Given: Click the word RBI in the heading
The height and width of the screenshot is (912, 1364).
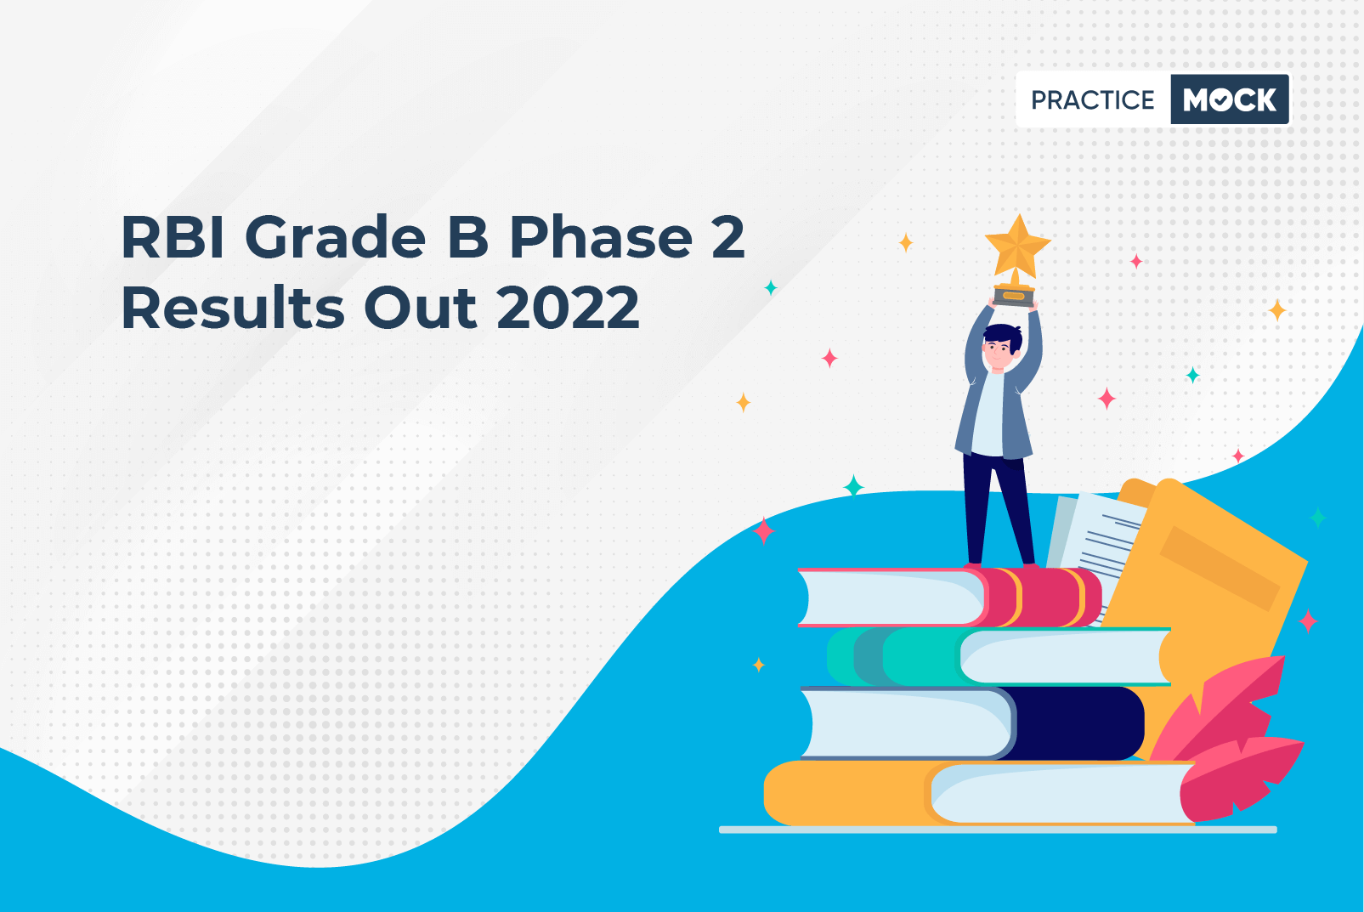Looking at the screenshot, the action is click(x=173, y=237).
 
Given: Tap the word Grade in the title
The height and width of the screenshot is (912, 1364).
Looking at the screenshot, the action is click(x=335, y=237).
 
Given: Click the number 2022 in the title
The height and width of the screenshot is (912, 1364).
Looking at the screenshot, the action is click(x=569, y=308).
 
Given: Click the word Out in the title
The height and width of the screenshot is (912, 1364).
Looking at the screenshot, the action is click(x=420, y=308).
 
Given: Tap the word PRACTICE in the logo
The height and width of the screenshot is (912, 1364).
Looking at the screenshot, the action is click(x=1092, y=99).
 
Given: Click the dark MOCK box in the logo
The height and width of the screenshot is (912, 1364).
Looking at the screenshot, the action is click(x=1230, y=99).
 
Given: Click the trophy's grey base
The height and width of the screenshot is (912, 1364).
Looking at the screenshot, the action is click(x=1014, y=297).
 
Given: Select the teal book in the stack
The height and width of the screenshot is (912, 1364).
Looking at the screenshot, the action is click(x=999, y=656).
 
